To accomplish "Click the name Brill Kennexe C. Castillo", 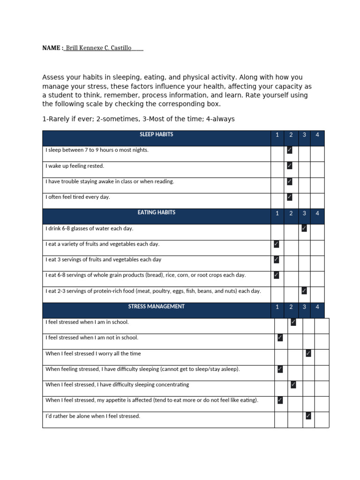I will (x=98, y=48).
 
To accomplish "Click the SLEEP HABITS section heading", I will (x=156, y=135).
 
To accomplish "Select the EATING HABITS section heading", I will (x=156, y=213).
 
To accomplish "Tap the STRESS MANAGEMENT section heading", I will (x=156, y=307).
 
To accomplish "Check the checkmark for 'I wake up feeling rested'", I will (x=290, y=165).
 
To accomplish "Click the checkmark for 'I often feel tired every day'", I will (x=290, y=197).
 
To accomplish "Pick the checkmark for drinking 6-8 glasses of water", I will (x=304, y=228).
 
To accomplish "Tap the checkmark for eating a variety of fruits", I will (x=277, y=244).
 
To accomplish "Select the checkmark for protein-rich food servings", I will (x=304, y=291).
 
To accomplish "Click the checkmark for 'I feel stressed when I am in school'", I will (x=293, y=322).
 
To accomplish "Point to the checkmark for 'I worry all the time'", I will (x=308, y=353).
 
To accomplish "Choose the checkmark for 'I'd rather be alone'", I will (x=308, y=416).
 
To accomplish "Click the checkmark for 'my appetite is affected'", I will (x=280, y=400).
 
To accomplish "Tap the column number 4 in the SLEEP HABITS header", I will (x=317, y=135).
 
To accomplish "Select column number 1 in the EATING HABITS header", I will (x=277, y=213).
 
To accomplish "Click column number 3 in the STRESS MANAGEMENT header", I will (x=304, y=307).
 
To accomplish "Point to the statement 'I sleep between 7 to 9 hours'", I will (x=97, y=150).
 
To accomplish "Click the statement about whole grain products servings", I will (x=145, y=275).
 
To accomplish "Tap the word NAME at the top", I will (x=51, y=48).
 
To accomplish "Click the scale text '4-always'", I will (x=219, y=119).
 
